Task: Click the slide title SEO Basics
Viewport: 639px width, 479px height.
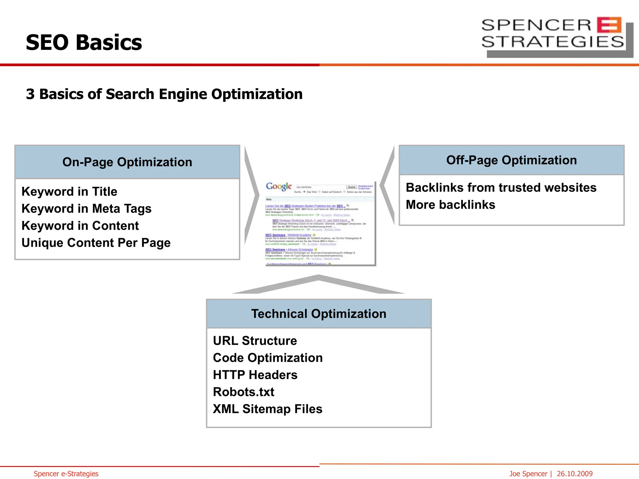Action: click(x=84, y=42)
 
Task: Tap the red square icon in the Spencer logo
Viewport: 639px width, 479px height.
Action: click(x=609, y=25)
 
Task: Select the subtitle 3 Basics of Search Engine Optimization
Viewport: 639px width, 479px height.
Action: click(x=164, y=94)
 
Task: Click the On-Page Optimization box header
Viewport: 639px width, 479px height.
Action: click(x=127, y=162)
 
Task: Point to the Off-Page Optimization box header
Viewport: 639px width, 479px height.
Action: click(x=511, y=160)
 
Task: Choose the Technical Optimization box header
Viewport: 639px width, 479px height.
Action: click(x=319, y=314)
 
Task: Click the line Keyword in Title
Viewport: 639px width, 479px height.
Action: click(x=69, y=191)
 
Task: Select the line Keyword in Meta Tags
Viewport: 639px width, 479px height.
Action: click(x=86, y=209)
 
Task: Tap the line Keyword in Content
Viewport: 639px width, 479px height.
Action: click(x=80, y=226)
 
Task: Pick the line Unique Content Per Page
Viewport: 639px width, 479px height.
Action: click(x=96, y=243)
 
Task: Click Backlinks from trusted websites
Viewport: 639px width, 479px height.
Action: click(x=501, y=188)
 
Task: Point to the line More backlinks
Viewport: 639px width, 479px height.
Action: click(x=451, y=205)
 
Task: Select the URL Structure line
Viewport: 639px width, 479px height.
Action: click(x=255, y=341)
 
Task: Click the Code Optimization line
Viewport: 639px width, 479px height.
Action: click(x=268, y=358)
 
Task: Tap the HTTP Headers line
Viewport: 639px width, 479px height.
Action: click(x=255, y=375)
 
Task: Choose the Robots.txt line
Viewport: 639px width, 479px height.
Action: click(x=244, y=392)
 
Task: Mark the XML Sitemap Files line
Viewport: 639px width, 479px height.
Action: click(x=268, y=409)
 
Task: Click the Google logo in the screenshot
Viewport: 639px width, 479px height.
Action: click(x=279, y=186)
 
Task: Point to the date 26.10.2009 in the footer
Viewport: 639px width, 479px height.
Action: click(x=574, y=474)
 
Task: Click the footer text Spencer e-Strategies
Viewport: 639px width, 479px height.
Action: click(x=66, y=474)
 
